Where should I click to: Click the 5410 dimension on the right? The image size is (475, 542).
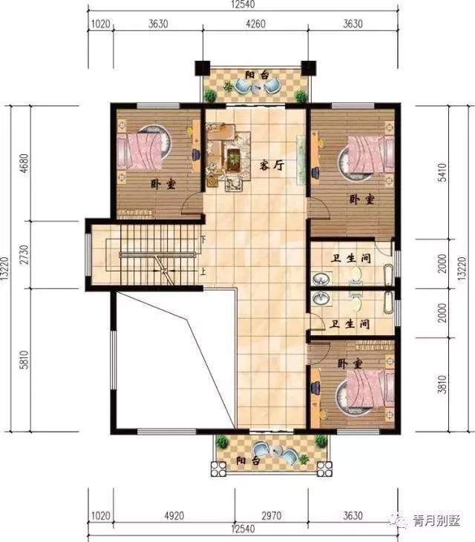442,173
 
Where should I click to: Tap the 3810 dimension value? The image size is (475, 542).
442,386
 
